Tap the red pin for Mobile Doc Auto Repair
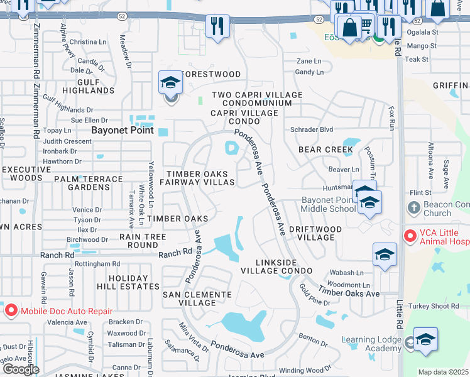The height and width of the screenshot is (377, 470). [11, 310]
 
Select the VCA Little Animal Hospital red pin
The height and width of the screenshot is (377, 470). [410, 236]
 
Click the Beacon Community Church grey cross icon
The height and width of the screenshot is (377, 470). [413, 207]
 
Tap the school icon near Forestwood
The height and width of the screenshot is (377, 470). [170, 83]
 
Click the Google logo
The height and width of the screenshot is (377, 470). [20, 369]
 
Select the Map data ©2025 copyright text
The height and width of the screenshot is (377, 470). [444, 372]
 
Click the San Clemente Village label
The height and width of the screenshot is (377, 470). [197, 298]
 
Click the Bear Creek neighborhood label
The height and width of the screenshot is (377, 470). [326, 150]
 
